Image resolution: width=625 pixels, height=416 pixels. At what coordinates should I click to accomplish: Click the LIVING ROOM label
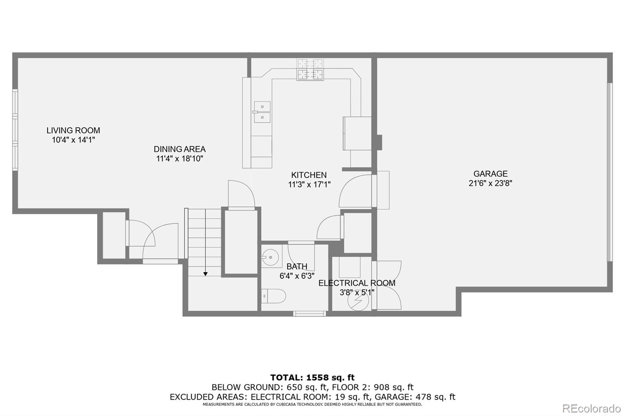pyautogui.click(x=73, y=130)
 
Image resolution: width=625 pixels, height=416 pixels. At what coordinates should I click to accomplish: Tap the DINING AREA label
pyautogui.click(x=179, y=149)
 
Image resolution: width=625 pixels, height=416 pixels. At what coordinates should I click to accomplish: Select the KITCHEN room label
pyautogui.click(x=309, y=175)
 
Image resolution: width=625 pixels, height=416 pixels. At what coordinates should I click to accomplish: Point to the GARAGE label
pyautogui.click(x=490, y=174)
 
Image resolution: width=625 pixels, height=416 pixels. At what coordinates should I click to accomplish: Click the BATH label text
pyautogui.click(x=297, y=267)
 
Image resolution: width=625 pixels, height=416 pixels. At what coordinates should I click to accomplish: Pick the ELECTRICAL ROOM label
pyautogui.click(x=357, y=283)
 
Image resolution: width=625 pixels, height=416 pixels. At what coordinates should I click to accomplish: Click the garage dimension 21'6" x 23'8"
pyautogui.click(x=490, y=183)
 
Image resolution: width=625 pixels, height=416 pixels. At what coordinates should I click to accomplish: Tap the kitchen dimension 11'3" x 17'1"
pyautogui.click(x=309, y=185)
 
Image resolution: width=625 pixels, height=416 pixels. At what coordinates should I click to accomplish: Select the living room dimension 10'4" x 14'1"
pyautogui.click(x=73, y=140)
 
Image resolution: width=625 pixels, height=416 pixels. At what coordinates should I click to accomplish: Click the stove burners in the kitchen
pyautogui.click(x=310, y=69)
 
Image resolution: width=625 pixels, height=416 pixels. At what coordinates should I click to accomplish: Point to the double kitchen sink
pyautogui.click(x=262, y=112)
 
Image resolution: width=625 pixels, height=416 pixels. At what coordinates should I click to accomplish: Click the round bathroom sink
pyautogui.click(x=270, y=257)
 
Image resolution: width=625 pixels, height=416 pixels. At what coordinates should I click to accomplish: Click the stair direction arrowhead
pyautogui.click(x=205, y=274)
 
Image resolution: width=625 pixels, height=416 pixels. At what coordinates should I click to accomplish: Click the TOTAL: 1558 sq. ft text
pyautogui.click(x=312, y=377)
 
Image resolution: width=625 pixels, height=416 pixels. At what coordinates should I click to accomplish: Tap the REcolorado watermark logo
pyautogui.click(x=591, y=408)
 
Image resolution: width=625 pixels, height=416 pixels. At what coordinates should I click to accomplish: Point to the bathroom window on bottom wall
pyautogui.click(x=310, y=313)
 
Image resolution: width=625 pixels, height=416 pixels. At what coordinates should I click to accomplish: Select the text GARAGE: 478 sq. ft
pyautogui.click(x=415, y=397)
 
